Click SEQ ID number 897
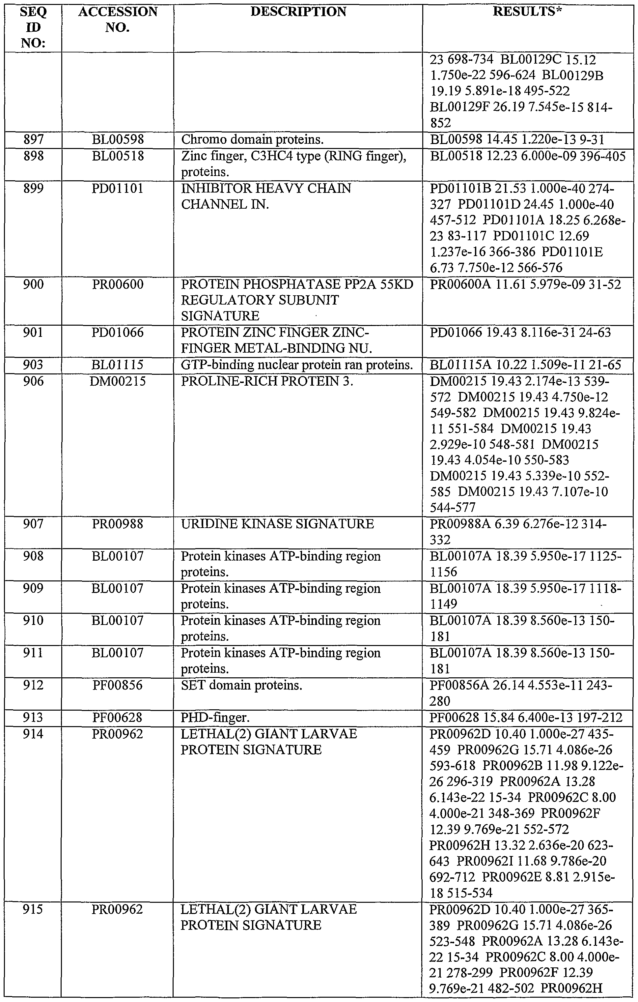click(33, 140)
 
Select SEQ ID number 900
click(33, 285)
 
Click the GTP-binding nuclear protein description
click(297, 365)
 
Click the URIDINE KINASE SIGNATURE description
click(277, 524)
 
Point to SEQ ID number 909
click(33, 588)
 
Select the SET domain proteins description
click(241, 685)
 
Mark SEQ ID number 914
click(33, 734)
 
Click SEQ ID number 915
click(33, 910)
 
